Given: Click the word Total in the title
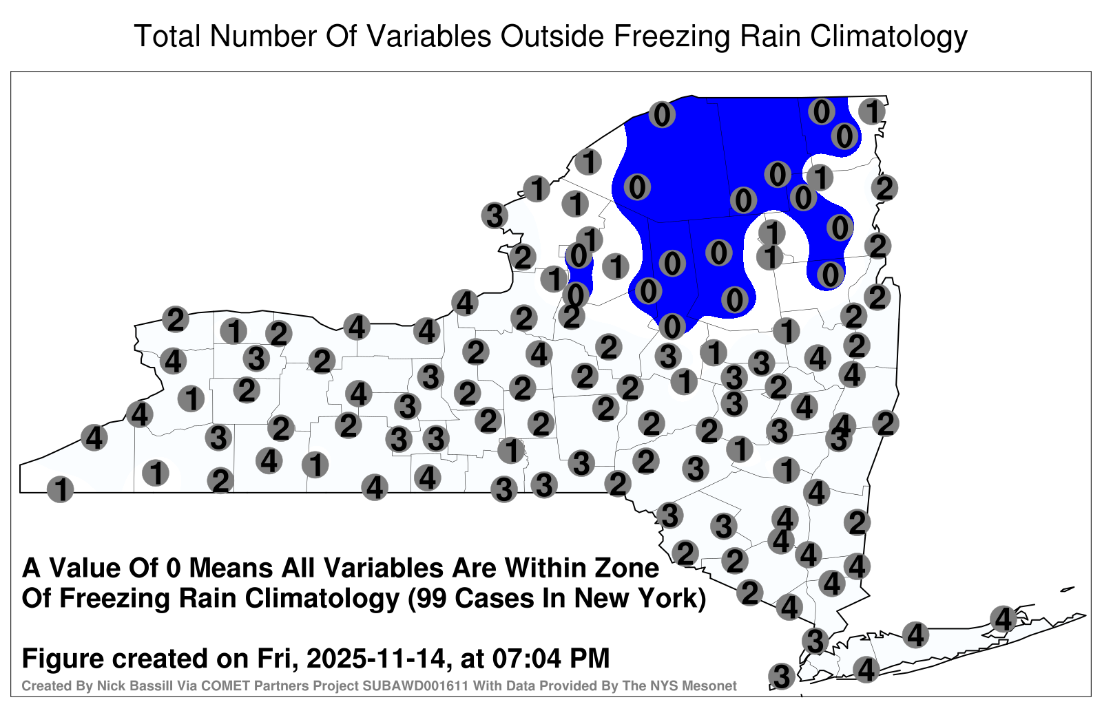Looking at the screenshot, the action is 168,36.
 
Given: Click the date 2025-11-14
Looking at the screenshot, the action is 376,659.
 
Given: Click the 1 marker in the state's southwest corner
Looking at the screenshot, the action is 60,489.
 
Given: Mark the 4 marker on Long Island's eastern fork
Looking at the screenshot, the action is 1003,619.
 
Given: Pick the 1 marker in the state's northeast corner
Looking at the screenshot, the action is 872,111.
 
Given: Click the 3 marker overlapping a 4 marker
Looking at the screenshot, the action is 838,439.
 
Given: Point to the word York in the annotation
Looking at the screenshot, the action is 672,599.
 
